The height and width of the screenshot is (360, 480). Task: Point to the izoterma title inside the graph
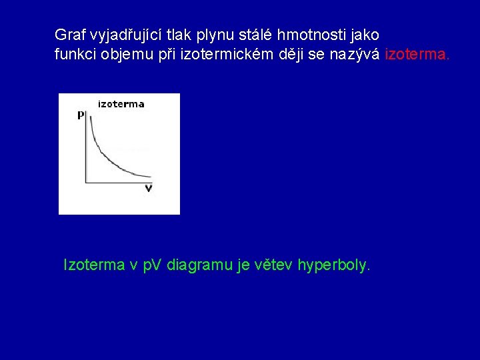(121, 104)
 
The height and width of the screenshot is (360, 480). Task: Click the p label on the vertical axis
(81, 115)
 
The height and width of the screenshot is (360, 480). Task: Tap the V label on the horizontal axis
(148, 189)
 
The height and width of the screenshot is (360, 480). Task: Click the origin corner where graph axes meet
(87, 182)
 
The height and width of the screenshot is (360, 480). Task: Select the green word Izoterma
(93, 265)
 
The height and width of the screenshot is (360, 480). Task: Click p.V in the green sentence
(153, 265)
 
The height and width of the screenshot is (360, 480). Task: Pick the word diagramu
(198, 265)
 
